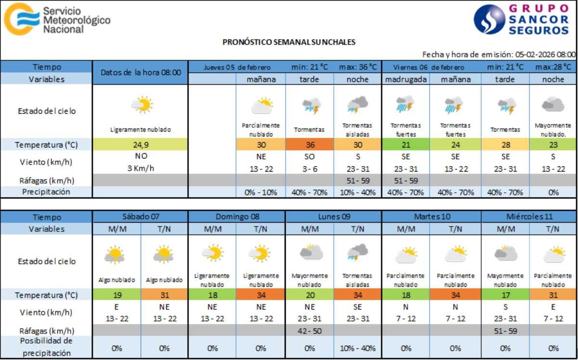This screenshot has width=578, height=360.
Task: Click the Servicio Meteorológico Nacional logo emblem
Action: pyautogui.click(x=20, y=19)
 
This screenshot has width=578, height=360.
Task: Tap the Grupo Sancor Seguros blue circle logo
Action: pyautogui.click(x=489, y=19)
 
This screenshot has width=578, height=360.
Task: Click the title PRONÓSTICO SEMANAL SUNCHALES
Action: pyautogui.click(x=289, y=42)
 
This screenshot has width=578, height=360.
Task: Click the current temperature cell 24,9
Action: pyautogui.click(x=140, y=144)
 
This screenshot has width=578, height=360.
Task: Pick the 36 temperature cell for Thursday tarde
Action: pyautogui.click(x=309, y=144)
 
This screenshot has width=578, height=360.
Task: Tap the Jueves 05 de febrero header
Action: pyautogui.click(x=237, y=67)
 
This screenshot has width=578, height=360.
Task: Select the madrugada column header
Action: pyautogui.click(x=405, y=79)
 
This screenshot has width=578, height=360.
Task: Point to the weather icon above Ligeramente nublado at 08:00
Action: pyautogui.click(x=142, y=104)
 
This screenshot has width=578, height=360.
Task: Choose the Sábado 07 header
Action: pyautogui.click(x=140, y=217)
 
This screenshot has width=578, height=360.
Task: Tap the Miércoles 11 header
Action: pyautogui.click(x=529, y=217)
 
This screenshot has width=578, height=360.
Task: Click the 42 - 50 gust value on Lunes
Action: pyautogui.click(x=309, y=331)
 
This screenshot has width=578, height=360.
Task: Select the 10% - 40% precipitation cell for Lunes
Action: pyautogui.click(x=357, y=347)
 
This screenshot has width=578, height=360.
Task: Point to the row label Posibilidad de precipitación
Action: pyautogui.click(x=46, y=347)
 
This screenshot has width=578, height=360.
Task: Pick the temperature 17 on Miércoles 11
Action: pyautogui.click(x=505, y=294)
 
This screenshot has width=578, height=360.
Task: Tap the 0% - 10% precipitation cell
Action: pyautogui.click(x=261, y=192)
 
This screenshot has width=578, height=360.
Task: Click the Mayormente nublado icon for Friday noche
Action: pyautogui.click(x=553, y=104)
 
